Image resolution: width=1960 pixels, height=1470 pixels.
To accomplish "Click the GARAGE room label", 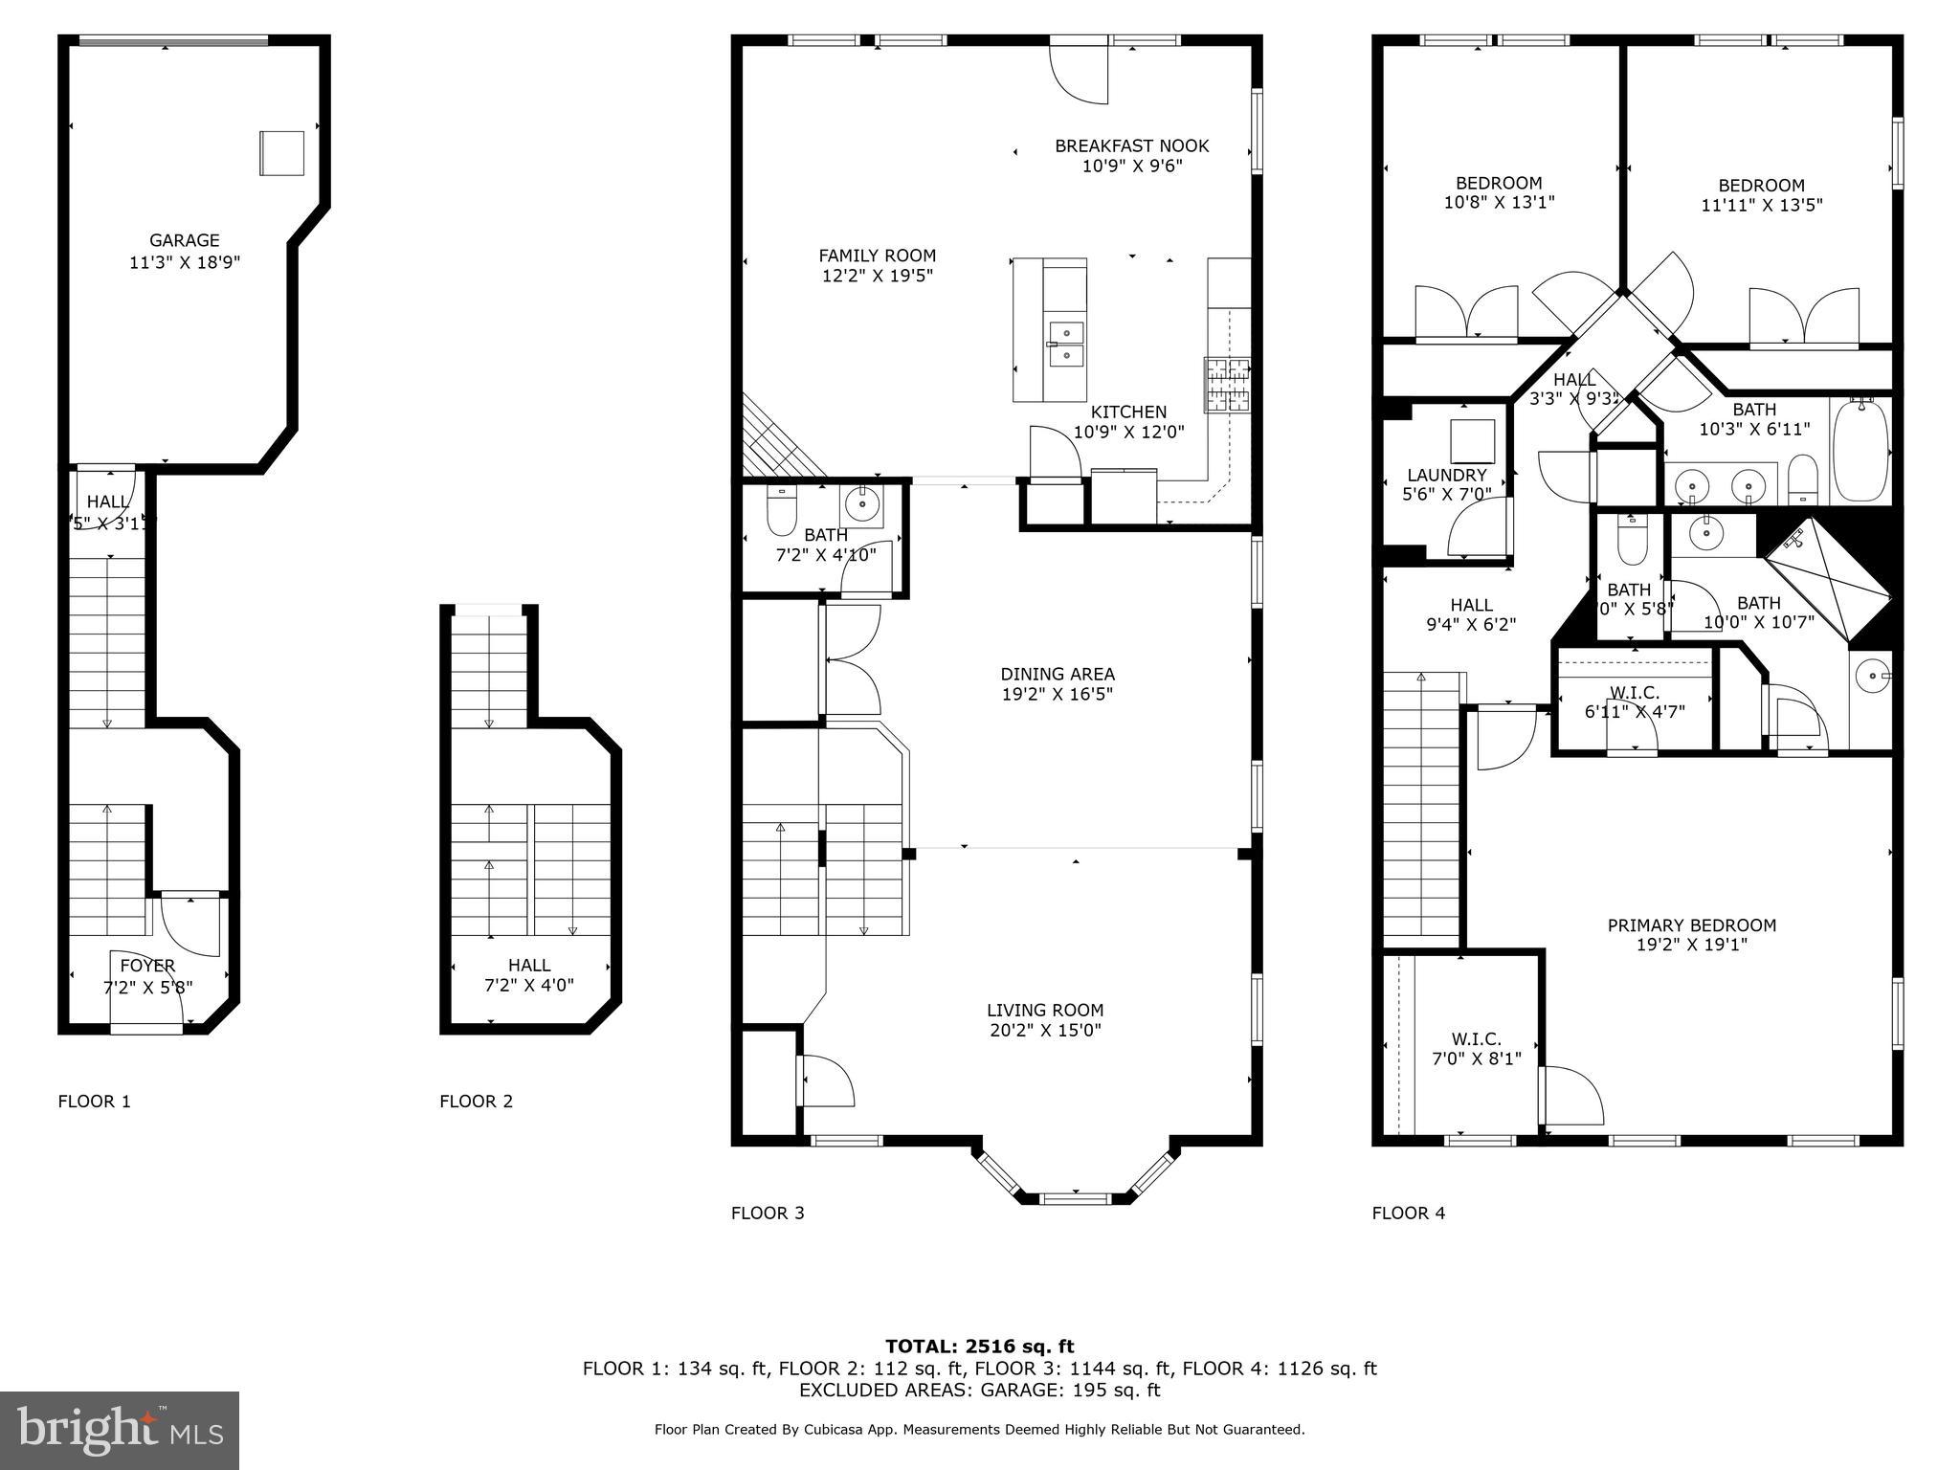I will pos(185,241).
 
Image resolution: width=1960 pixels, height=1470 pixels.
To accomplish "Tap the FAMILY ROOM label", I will pos(877,256).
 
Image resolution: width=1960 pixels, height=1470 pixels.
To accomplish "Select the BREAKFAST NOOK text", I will pos(1131,145).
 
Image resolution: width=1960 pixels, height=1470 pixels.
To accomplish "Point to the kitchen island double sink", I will pos(1065,345).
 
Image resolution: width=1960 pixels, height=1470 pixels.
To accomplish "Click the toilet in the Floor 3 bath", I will pos(781,513).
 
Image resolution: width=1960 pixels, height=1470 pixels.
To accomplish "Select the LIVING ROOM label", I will pos(1045,1010).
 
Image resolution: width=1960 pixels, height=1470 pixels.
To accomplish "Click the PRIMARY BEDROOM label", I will pos(1691,924).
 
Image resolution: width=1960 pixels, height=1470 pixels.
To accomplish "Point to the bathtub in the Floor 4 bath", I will pos(1860,450).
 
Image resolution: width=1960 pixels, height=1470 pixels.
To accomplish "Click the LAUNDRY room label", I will pos(1446,475).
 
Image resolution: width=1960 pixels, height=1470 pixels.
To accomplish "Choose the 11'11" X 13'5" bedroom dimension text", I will pos(1761,205).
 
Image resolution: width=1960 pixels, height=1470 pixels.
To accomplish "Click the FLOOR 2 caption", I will pos(476,1102).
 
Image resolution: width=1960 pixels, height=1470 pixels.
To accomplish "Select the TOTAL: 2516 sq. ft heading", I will pos(979,1347).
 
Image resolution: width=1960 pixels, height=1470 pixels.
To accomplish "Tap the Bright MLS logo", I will pos(120,1430).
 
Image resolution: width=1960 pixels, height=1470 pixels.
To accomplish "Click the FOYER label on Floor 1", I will pos(147,966).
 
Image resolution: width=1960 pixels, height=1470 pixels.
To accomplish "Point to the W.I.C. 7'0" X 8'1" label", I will pos(1476,1049).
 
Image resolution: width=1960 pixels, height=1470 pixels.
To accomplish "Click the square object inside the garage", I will pos(281,153).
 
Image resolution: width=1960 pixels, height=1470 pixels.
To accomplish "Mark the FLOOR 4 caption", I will pos(1408,1214).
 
